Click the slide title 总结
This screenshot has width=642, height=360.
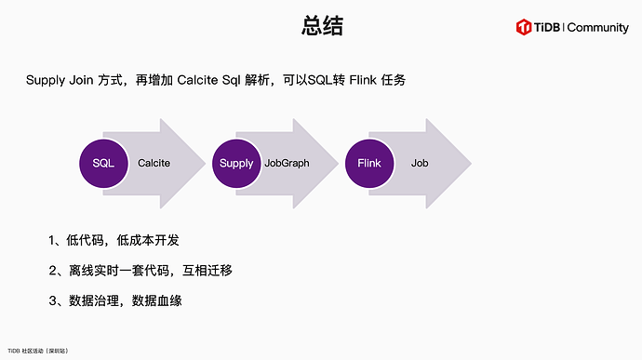322,27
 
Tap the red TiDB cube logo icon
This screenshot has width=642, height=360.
524,28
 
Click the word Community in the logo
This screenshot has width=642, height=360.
597,28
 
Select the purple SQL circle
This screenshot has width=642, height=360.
103,164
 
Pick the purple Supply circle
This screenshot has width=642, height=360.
236,164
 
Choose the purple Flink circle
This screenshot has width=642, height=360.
369,164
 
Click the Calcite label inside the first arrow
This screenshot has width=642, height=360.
154,164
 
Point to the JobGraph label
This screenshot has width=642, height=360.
287,164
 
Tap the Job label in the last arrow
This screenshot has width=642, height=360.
420,164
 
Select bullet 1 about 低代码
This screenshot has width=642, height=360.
114,241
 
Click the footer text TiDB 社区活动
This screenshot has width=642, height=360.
37,351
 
